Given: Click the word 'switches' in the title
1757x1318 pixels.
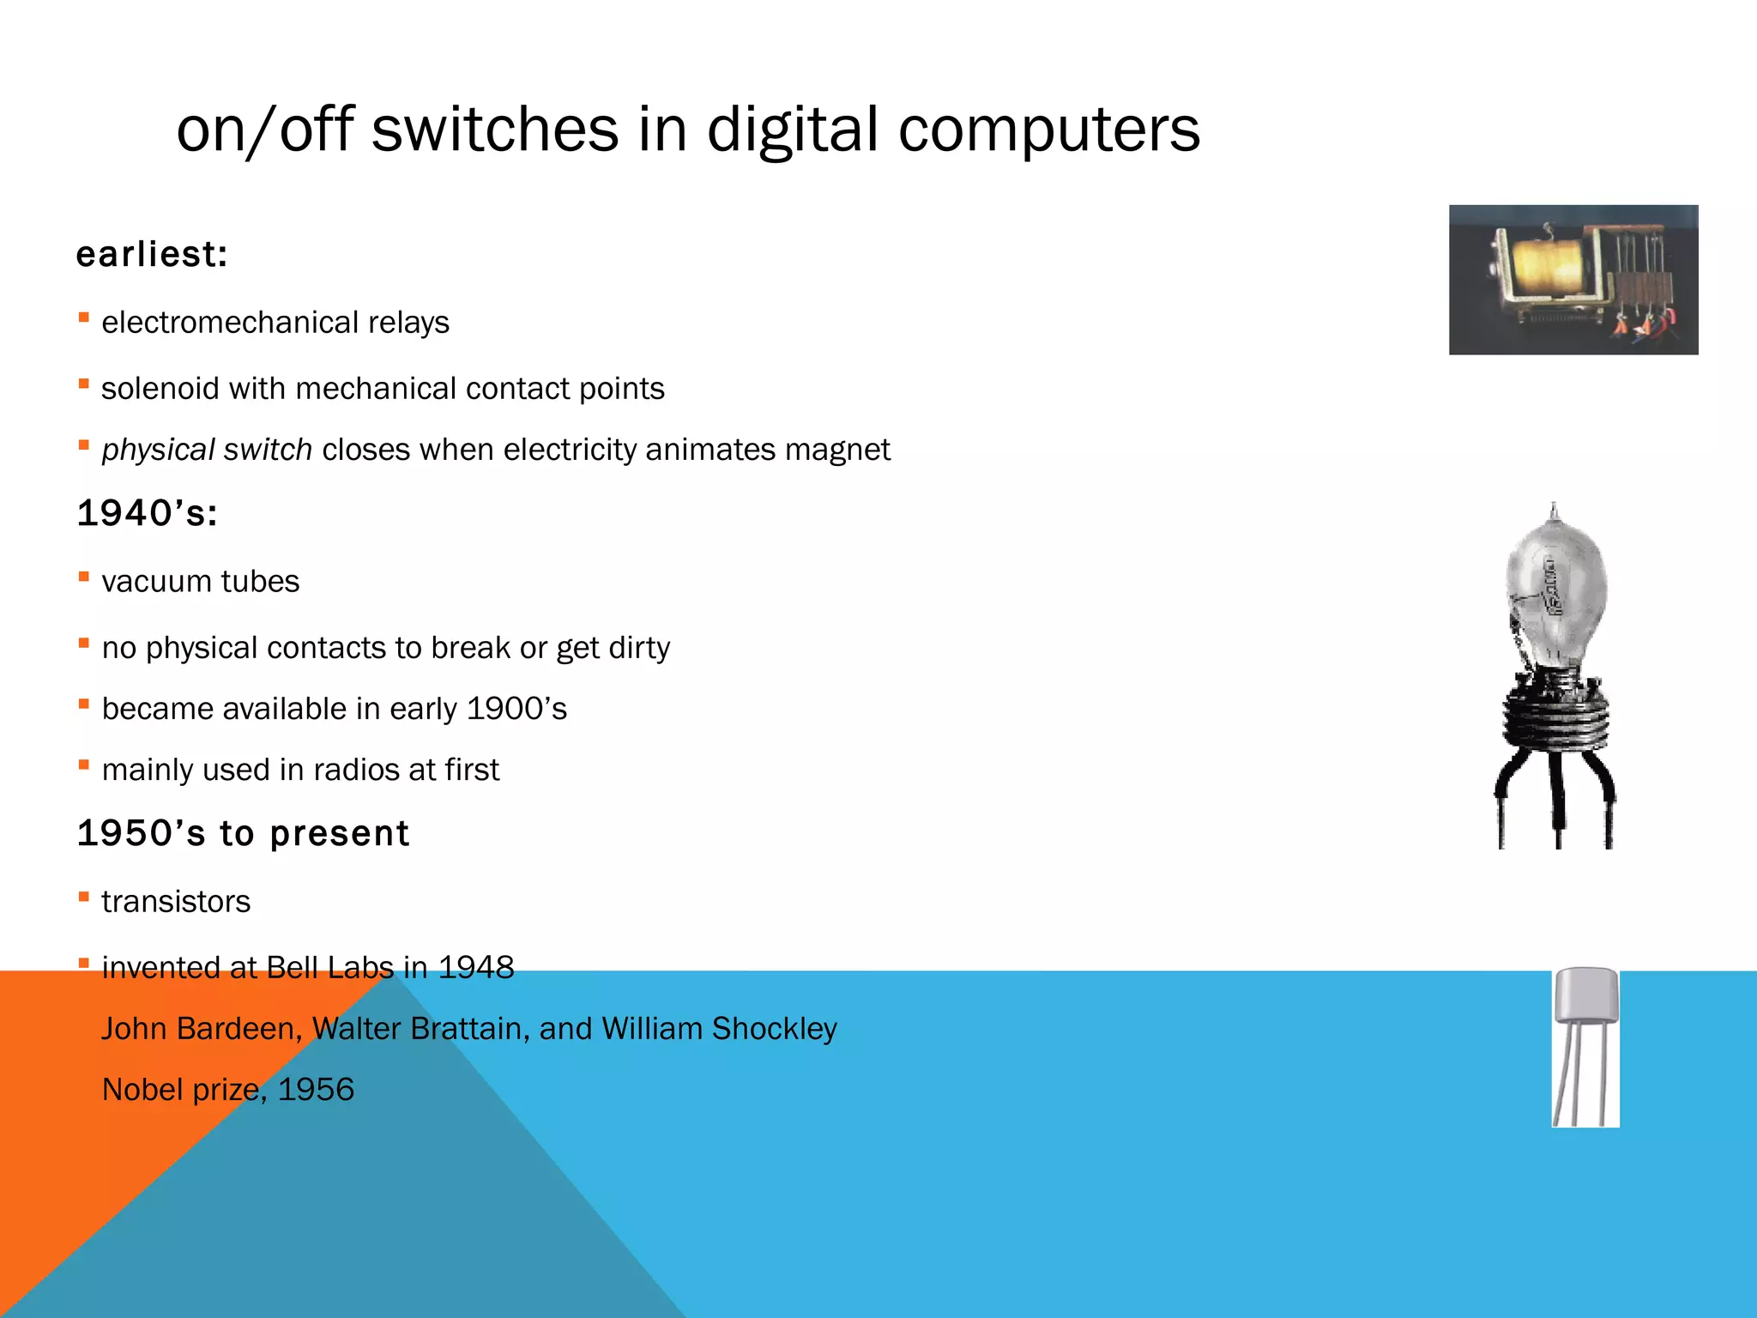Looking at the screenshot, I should (495, 130).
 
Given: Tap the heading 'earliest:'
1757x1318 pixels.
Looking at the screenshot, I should (152, 254).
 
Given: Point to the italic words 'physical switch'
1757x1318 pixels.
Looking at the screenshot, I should (207, 450).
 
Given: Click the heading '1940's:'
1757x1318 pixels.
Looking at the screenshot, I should (147, 513).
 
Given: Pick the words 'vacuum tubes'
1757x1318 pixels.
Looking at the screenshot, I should (201, 582).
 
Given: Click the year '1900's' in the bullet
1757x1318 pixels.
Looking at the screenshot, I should (516, 709).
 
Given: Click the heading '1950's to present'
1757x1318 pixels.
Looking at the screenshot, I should (243, 833).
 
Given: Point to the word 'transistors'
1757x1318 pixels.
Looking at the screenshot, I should (176, 902).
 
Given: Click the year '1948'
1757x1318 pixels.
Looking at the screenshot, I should (476, 968).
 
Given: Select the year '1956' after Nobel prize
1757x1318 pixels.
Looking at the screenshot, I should (316, 1090).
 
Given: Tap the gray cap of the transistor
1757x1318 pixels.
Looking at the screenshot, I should (1586, 995).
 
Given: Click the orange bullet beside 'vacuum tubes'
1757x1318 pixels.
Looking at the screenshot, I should (84, 577).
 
